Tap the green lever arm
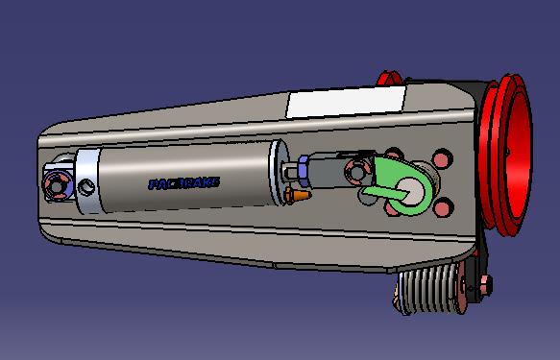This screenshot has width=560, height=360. point(389,179)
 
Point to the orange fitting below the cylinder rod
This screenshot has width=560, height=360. point(298,196)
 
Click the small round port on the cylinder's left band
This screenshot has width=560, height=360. point(88,185)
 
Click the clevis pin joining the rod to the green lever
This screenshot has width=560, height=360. point(359,173)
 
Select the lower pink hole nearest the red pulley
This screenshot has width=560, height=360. point(444,204)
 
